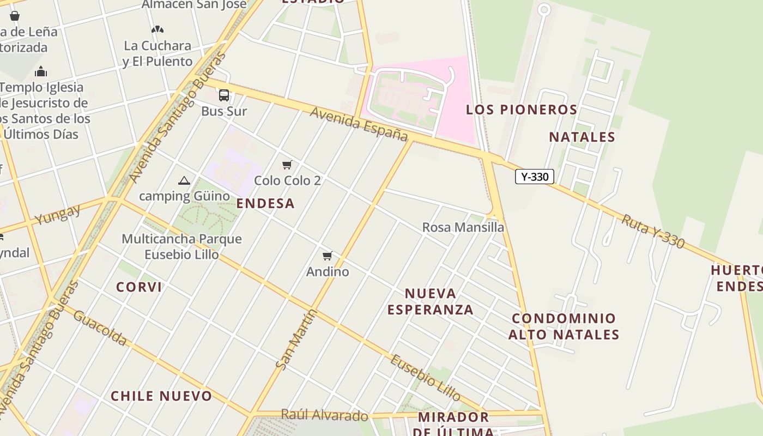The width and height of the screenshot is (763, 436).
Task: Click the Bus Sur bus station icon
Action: click(224, 95)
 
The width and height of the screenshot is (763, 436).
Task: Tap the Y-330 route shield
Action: click(534, 177)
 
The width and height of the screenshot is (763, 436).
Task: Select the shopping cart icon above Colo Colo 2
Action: click(287, 165)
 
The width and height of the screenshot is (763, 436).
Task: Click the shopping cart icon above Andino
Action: click(328, 256)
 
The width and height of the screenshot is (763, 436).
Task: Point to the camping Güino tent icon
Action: click(184, 181)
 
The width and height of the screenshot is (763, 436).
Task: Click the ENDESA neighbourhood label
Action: click(265, 203)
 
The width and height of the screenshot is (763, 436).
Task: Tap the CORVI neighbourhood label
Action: click(139, 287)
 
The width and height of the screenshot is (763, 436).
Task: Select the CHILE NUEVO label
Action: click(161, 396)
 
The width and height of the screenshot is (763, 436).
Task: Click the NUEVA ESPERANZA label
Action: click(431, 301)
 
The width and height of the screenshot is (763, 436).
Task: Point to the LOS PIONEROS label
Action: click(522, 110)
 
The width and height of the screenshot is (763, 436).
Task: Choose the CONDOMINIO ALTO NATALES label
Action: click(564, 326)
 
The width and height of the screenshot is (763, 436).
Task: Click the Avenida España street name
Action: click(359, 124)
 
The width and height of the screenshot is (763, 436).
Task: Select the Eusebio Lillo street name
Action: click(426, 378)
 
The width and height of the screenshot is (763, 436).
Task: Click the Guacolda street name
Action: click(100, 328)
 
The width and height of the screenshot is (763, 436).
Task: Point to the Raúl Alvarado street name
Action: click(324, 415)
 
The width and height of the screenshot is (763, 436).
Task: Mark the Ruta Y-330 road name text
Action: click(652, 231)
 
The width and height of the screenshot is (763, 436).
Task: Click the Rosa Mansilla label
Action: click(463, 227)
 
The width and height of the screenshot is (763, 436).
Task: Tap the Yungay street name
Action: click(57, 215)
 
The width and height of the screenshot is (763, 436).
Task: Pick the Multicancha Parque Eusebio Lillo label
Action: click(181, 246)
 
